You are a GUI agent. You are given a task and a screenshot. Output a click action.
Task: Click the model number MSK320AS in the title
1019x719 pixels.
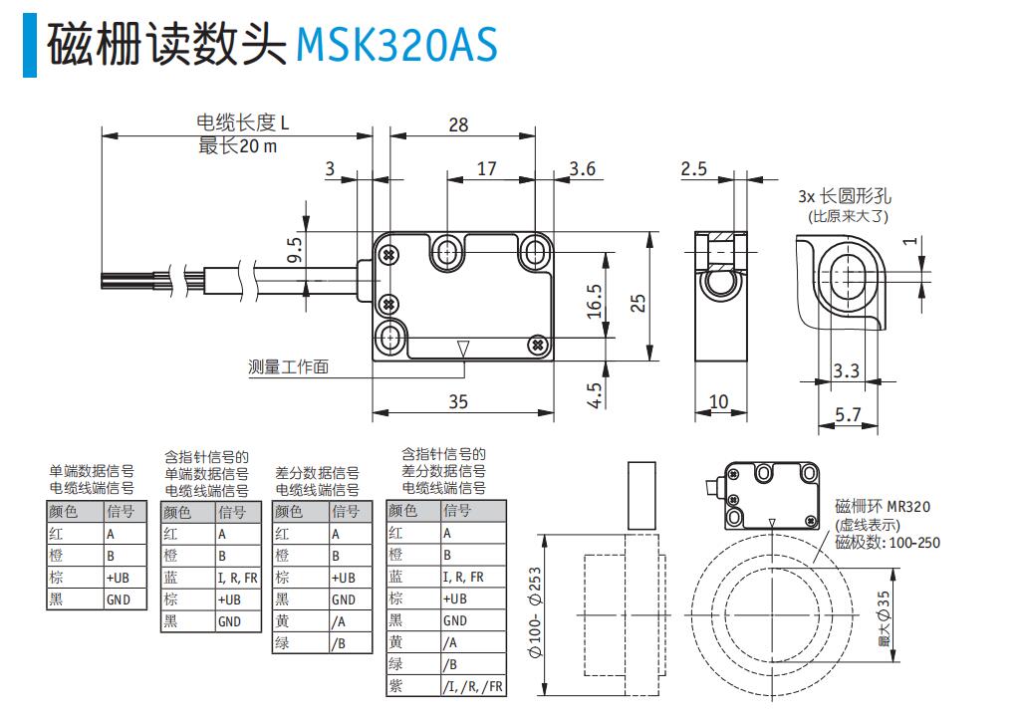(x=396, y=45)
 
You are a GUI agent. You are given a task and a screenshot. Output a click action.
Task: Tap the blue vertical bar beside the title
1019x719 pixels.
(x=29, y=45)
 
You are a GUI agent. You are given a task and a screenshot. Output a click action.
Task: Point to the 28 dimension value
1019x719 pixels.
(x=458, y=124)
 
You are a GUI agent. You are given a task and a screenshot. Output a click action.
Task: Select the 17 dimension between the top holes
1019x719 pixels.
(x=486, y=168)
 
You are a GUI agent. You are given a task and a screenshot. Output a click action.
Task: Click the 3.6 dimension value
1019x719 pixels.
(x=583, y=168)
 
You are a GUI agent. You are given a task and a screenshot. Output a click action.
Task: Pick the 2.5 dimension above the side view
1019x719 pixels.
(x=693, y=168)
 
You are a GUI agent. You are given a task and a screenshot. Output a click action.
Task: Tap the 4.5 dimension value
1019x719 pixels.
(x=595, y=395)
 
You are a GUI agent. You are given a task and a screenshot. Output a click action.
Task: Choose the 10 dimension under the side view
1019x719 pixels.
(x=718, y=401)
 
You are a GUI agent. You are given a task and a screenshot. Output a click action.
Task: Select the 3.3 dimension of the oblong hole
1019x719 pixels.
(x=846, y=371)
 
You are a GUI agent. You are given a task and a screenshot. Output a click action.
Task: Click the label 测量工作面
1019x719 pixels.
(x=288, y=366)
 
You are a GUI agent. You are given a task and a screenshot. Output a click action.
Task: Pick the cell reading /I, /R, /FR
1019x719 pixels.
(x=471, y=687)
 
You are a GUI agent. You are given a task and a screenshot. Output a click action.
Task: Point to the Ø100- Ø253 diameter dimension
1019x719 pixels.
(x=536, y=611)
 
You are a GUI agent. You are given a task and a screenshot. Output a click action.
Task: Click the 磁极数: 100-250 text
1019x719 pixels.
(x=887, y=543)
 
